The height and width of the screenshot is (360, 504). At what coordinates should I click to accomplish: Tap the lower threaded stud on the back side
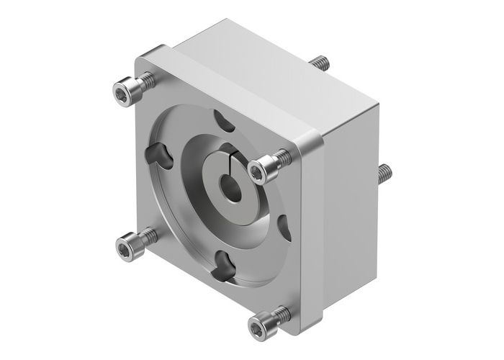(x=385, y=174)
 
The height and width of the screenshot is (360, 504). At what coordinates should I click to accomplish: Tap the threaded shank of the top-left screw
(x=144, y=84)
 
